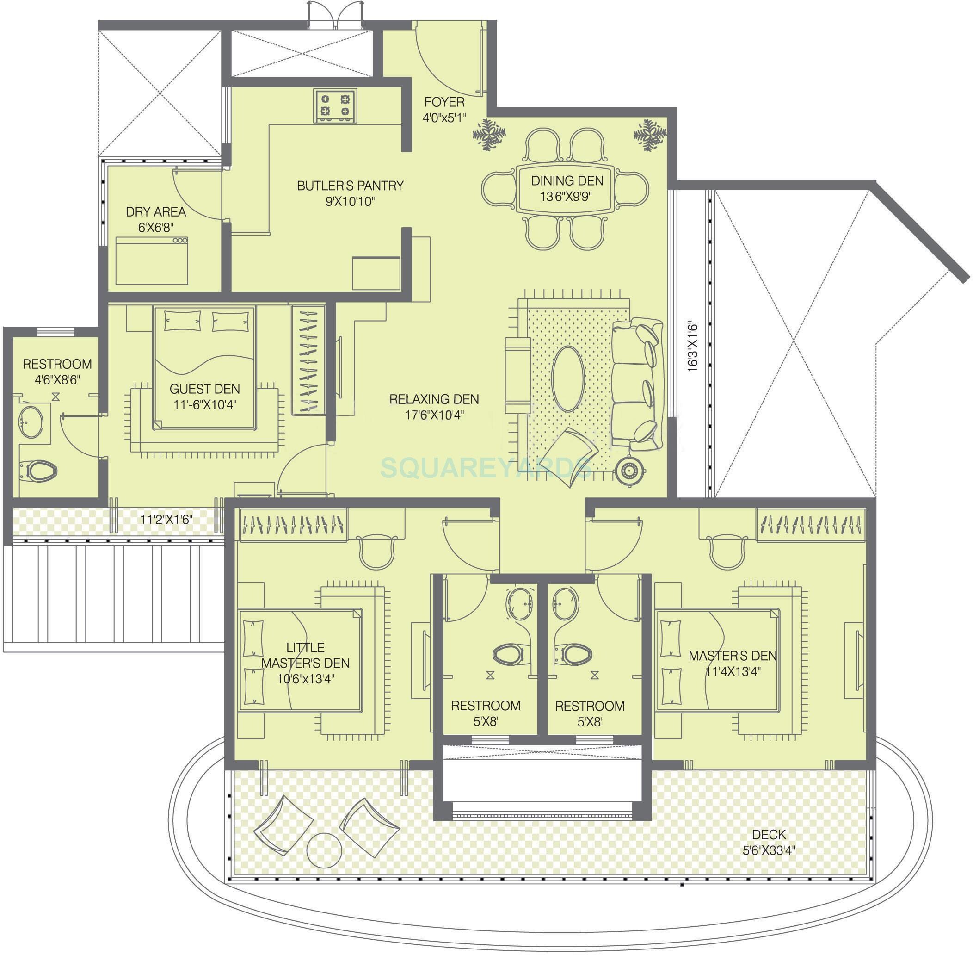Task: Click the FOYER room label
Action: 444,102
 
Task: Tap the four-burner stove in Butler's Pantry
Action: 335,106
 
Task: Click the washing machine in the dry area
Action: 151,261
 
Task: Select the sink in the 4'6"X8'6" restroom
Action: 31,422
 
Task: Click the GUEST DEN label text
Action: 204,389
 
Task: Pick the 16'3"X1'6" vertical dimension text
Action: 693,347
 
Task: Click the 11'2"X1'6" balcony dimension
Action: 166,519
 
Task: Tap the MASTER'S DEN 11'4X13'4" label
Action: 733,663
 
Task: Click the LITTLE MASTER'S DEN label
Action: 305,655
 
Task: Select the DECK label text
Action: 769,835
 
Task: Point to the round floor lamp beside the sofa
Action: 628,471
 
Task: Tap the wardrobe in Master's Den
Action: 811,525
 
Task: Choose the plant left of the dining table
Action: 489,134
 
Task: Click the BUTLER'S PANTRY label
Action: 350,186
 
